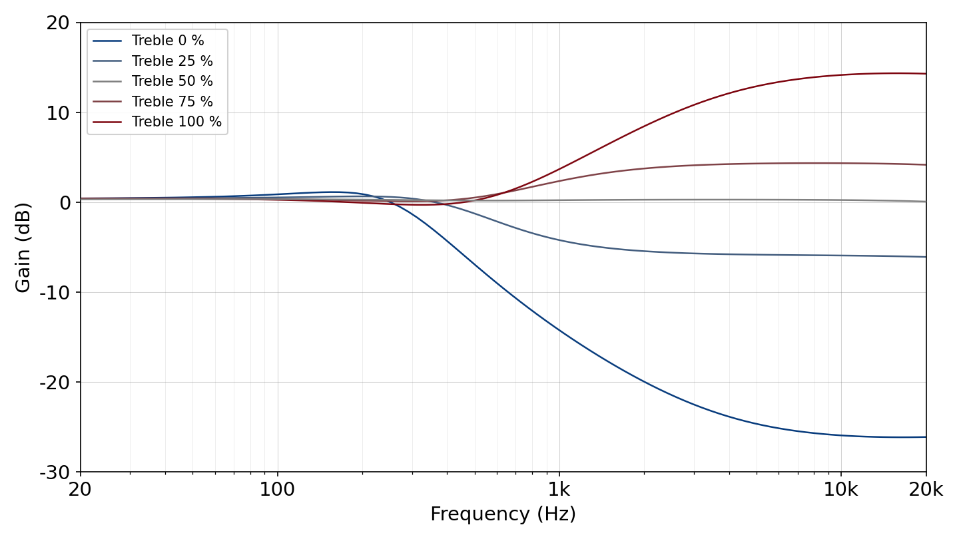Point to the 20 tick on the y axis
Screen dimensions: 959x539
pyautogui.click(x=58, y=23)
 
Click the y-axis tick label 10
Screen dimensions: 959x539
pyautogui.click(x=58, y=113)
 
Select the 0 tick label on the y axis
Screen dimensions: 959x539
pyautogui.click(x=65, y=203)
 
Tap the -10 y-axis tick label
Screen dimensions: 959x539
pyautogui.click(x=55, y=293)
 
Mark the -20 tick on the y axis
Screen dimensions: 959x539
pyautogui.click(x=55, y=383)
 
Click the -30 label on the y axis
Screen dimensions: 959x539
pyautogui.click(x=55, y=472)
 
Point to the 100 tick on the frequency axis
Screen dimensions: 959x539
pyautogui.click(x=278, y=490)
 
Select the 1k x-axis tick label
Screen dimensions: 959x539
pyautogui.click(x=559, y=490)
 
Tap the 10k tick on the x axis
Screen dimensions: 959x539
pyautogui.click(x=841, y=490)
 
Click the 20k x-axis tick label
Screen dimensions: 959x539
pyautogui.click(x=926, y=490)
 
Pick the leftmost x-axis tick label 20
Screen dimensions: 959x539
pyautogui.click(x=80, y=490)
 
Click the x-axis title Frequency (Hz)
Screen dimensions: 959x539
pyautogui.click(x=503, y=514)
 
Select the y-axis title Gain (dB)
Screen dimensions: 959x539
pyautogui.click(x=23, y=248)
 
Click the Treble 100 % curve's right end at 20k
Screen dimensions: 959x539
pyautogui.click(x=926, y=74)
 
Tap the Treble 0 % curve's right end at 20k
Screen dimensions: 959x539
pyautogui.click(x=926, y=437)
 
